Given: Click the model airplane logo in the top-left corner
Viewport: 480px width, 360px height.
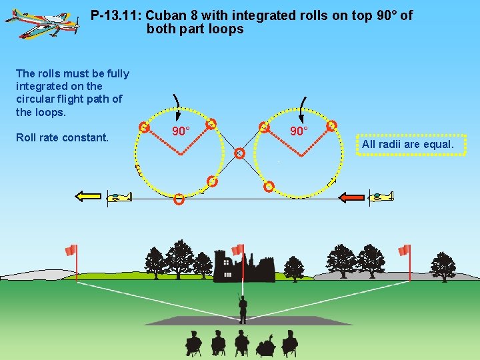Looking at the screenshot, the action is pyautogui.click(x=41, y=25).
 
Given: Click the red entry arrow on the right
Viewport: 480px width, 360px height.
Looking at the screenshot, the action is pyautogui.click(x=352, y=197).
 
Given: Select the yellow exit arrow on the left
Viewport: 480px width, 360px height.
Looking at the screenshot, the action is pyautogui.click(x=87, y=196).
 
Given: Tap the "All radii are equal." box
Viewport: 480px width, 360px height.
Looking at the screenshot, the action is pyautogui.click(x=411, y=145).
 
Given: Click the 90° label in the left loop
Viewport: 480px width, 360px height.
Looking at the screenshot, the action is pyautogui.click(x=181, y=131).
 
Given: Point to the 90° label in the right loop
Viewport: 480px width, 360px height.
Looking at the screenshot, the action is pyautogui.click(x=298, y=131).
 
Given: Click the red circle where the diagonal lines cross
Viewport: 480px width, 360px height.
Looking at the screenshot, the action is pyautogui.click(x=239, y=153).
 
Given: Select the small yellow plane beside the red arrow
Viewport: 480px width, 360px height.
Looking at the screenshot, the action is pyautogui.click(x=382, y=197).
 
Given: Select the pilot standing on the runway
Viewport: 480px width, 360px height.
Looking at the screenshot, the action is pyautogui.click(x=243, y=308).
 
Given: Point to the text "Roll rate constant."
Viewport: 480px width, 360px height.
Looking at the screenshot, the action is pyautogui.click(x=62, y=138).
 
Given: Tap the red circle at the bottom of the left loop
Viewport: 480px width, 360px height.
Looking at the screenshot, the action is pyautogui.click(x=179, y=199).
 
